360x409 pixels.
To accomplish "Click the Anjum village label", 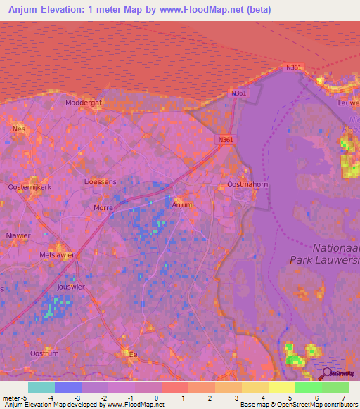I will [183, 204].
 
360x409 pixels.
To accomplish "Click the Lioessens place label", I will [100, 181].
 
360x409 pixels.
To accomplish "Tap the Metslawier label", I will [57, 255].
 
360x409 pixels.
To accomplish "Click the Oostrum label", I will [44, 353].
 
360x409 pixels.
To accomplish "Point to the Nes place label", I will [18, 129].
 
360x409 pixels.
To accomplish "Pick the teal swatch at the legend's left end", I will [41, 388].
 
